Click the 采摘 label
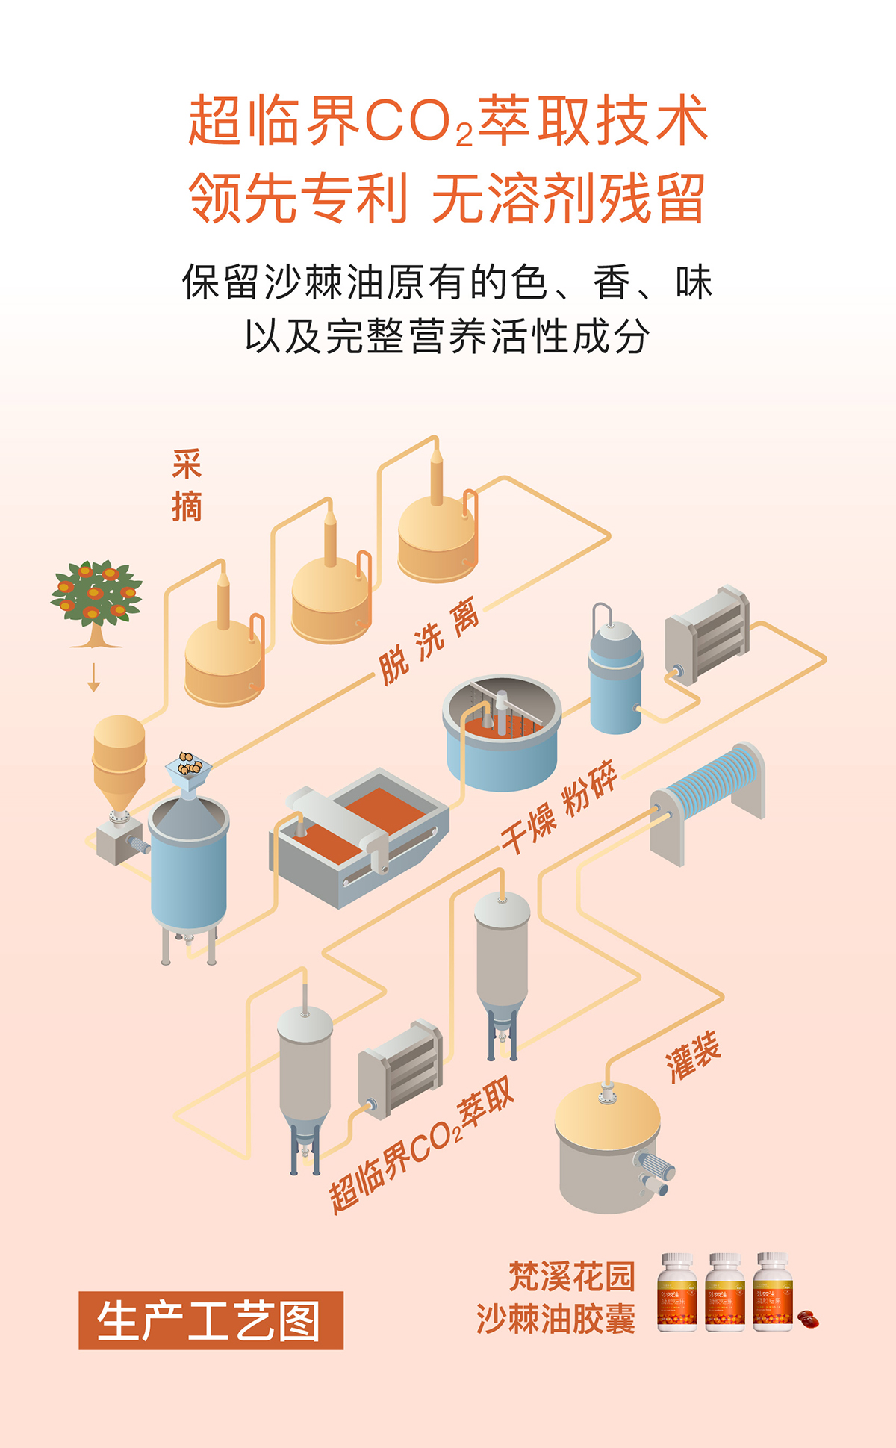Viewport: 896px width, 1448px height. click(187, 485)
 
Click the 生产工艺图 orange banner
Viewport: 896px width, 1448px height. click(211, 1320)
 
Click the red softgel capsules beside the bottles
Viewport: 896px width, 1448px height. click(807, 1319)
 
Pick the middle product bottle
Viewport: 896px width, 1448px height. click(724, 1293)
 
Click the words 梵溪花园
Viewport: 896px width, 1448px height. click(571, 1276)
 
